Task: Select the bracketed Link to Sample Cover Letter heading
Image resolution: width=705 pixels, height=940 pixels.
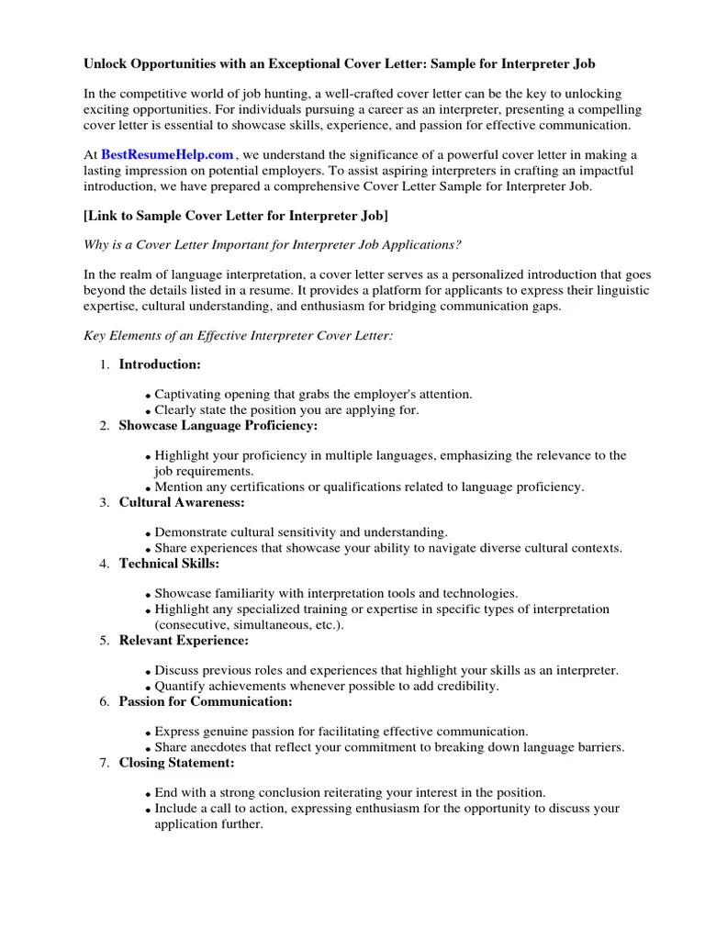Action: coord(235,216)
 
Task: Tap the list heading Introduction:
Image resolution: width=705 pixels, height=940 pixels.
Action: coord(160,364)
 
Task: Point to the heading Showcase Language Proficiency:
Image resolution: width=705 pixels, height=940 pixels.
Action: coord(218,426)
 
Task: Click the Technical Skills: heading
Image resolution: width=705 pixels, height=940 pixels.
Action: coord(169,564)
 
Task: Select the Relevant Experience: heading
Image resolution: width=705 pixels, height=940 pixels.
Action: coord(184,640)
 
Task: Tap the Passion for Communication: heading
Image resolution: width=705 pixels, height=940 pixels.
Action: coord(206,701)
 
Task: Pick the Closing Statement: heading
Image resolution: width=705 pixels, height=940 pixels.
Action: coord(176,763)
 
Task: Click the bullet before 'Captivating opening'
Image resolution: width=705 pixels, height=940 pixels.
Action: coord(149,396)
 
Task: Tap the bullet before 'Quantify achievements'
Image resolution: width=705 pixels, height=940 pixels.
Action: coord(149,688)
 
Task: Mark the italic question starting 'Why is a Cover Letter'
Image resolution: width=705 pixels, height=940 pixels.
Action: coord(273,245)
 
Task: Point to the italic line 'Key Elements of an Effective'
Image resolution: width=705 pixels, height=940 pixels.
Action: coord(238,337)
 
